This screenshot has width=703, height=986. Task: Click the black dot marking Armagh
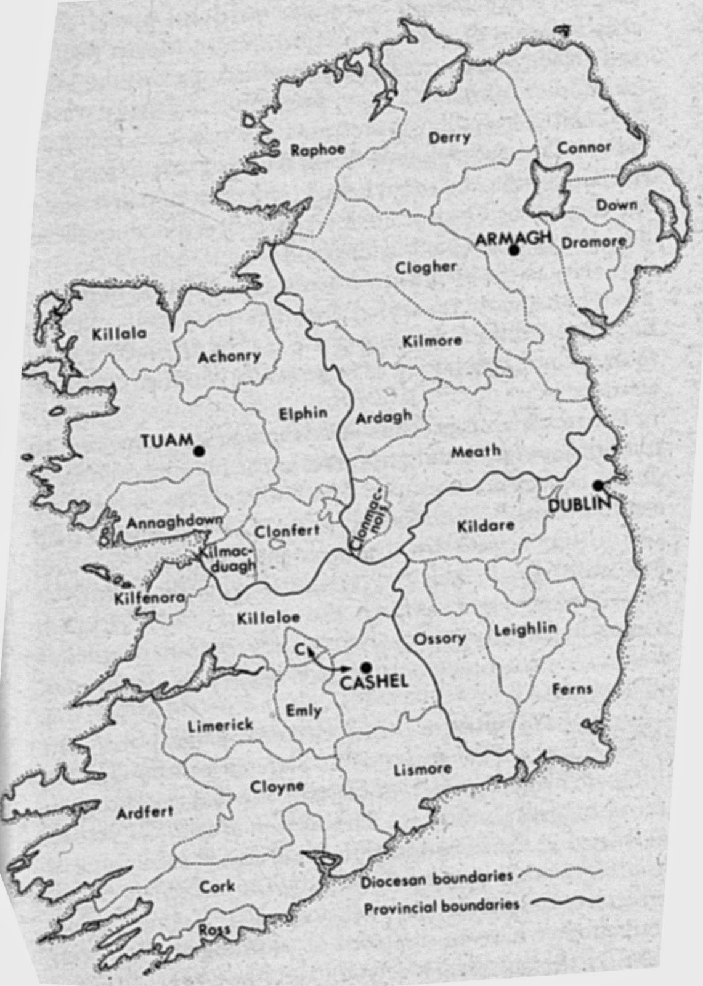(513, 250)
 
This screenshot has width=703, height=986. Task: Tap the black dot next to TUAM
(198, 452)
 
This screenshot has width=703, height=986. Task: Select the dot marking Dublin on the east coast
(597, 484)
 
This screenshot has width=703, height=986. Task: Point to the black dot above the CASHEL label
(366, 666)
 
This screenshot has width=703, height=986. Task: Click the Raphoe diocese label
(318, 150)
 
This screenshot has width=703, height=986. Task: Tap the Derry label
(449, 137)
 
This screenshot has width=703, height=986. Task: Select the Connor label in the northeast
(584, 147)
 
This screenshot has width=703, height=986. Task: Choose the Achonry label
(229, 356)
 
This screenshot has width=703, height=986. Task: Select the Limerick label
(219, 725)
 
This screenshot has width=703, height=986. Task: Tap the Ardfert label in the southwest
(145, 813)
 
